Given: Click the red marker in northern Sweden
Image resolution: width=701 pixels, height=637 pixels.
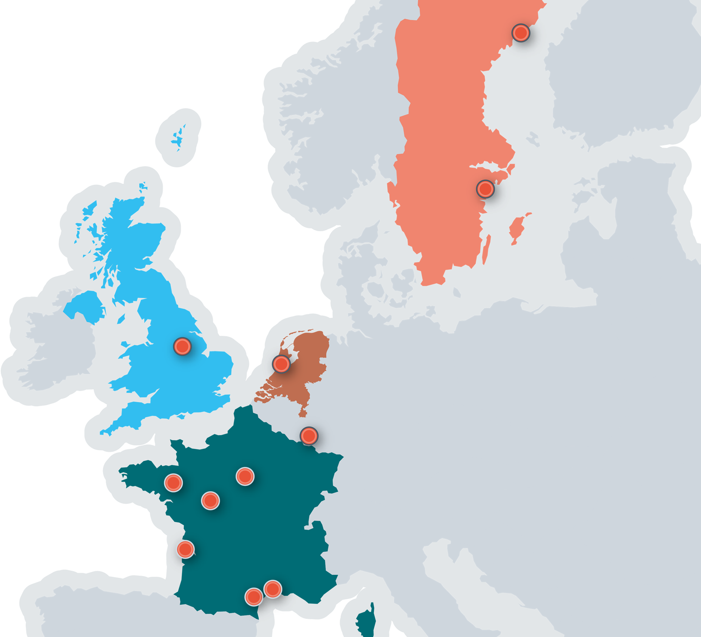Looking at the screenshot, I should (x=521, y=33).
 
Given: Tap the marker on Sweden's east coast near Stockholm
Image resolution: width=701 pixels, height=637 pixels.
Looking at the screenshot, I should (x=485, y=189).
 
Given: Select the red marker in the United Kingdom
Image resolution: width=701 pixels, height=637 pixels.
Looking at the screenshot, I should (x=182, y=346).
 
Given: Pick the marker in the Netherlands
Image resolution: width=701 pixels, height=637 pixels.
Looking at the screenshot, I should (x=282, y=364).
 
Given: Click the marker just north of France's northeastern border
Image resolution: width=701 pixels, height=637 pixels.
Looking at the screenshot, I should (x=309, y=436).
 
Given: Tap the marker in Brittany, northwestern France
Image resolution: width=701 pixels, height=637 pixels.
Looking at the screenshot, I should (x=173, y=482).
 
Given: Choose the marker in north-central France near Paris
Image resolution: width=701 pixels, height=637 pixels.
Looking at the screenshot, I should (x=245, y=476).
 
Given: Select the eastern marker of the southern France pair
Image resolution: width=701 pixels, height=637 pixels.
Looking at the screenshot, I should (x=273, y=589).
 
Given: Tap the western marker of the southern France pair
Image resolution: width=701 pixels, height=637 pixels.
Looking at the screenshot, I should (x=254, y=597).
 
